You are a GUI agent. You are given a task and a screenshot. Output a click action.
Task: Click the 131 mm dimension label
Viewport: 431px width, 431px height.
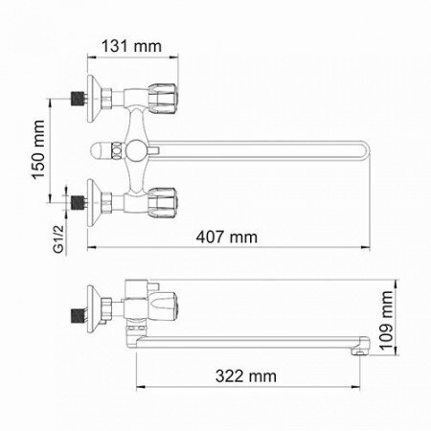pyautogui.click(x=131, y=46)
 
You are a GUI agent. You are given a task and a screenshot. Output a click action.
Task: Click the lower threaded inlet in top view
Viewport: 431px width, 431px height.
pyautogui.click(x=75, y=202)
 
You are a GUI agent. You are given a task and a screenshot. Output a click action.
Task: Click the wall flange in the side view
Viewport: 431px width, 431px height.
pyautogui.click(x=93, y=307)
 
